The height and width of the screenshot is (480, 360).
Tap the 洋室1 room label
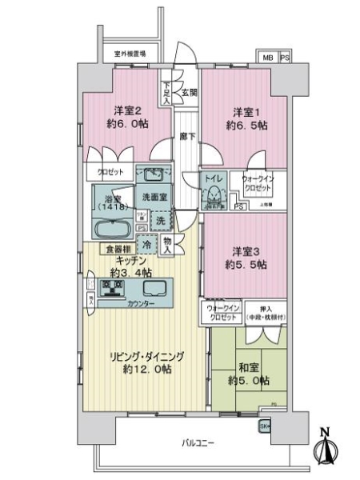(x=244, y=111)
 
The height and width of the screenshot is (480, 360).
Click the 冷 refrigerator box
(x=146, y=245)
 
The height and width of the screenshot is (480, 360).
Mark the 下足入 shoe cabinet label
(x=166, y=90)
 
